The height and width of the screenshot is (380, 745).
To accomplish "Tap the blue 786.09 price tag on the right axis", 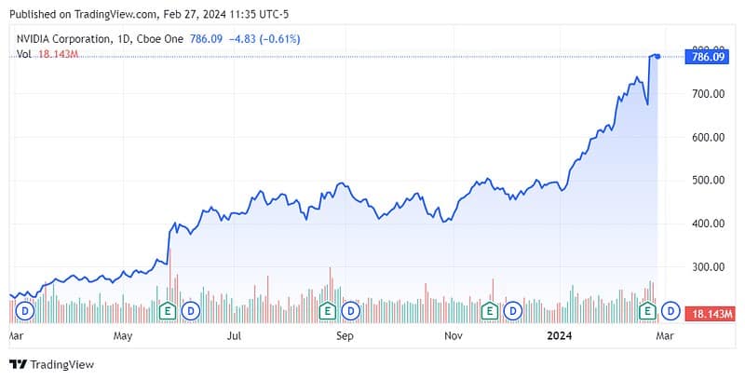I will point(705,57).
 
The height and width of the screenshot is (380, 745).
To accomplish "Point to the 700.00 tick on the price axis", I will point(705,94).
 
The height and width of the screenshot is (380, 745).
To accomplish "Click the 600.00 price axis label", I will point(705,137).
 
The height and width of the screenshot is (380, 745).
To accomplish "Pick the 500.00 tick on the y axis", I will point(705,181).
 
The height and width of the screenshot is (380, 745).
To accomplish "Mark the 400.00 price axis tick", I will point(705,224).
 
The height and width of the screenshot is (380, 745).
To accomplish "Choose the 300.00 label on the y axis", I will point(705,267).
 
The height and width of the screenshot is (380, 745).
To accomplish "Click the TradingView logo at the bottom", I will point(51,364).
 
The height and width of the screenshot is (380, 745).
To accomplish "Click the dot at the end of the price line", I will point(658,57).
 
